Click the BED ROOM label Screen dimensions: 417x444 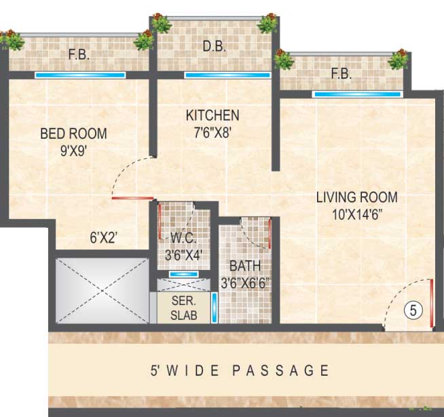coord(73,134)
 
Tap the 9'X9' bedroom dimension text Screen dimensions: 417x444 coord(73,151)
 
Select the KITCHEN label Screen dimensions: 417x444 coord(212,115)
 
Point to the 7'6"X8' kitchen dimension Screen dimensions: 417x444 coord(212,133)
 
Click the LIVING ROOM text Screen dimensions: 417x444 coord(357,197)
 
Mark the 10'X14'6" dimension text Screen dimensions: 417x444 coord(357,215)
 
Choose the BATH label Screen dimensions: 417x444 coord(244,266)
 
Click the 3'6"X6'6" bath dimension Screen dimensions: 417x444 coord(245,283)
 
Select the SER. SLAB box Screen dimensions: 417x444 coord(183,309)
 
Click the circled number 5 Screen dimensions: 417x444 coord(413,311)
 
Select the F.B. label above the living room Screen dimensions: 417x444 coord(341,75)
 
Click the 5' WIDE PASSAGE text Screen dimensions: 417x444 coord(240,371)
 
